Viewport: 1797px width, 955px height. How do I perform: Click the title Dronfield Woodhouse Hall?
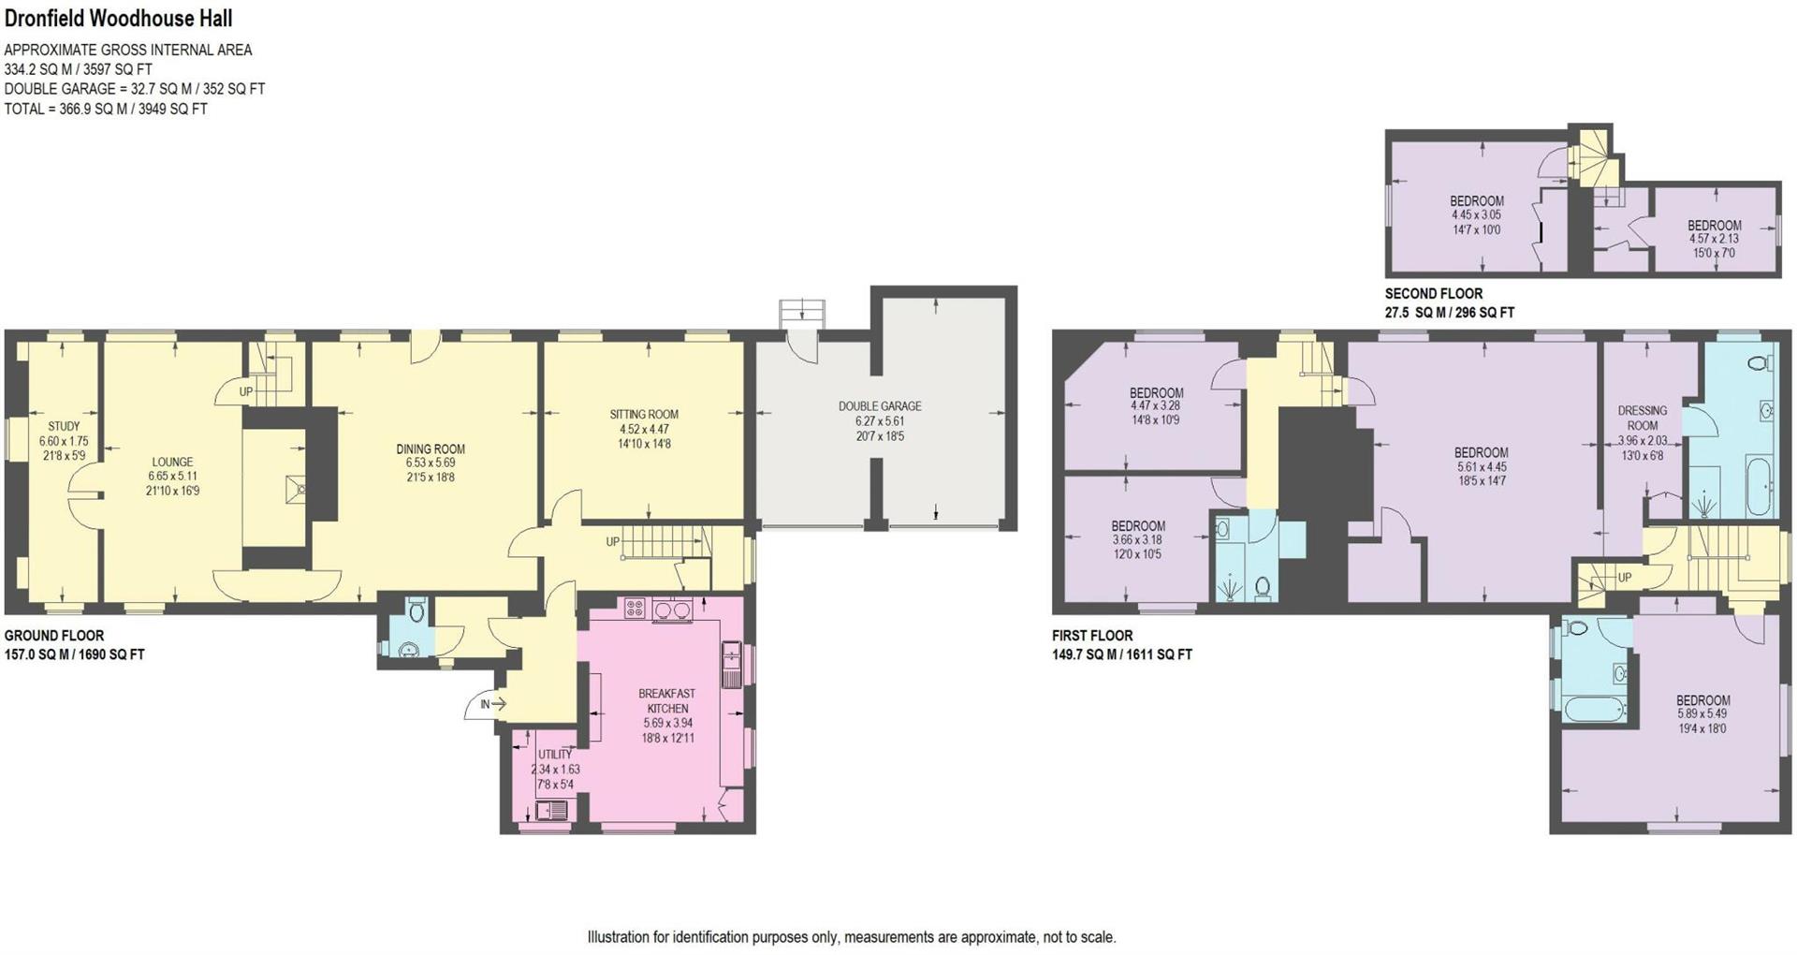(x=118, y=18)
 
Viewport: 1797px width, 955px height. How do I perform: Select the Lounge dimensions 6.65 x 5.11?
(x=172, y=476)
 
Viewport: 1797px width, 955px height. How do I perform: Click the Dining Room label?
(x=430, y=448)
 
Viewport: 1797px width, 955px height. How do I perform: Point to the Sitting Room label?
(x=643, y=414)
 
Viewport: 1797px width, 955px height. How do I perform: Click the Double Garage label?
(x=879, y=405)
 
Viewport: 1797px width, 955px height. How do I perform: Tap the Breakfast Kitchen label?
(x=666, y=700)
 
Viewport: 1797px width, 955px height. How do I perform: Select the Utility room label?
(x=554, y=754)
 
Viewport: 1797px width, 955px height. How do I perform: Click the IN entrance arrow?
(x=492, y=704)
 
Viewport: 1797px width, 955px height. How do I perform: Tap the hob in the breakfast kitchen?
(x=635, y=609)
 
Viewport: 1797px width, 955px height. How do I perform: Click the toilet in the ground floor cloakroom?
(x=416, y=611)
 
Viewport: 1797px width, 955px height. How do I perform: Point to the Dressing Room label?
(x=1642, y=418)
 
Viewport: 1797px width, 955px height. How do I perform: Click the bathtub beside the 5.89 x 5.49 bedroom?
(x=1595, y=708)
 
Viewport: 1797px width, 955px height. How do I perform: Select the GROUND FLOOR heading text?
(x=54, y=635)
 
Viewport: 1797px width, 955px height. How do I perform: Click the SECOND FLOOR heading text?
(x=1433, y=293)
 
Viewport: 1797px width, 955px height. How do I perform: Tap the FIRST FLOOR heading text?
(x=1091, y=635)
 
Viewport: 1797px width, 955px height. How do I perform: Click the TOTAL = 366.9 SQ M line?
(x=106, y=109)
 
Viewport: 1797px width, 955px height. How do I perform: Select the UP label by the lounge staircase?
(x=245, y=391)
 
